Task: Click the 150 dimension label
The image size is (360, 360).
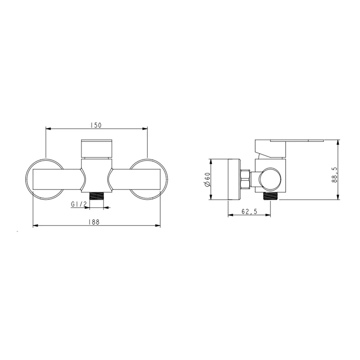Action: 96,125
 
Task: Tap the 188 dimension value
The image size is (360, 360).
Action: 94,222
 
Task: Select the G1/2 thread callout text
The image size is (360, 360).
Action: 78,204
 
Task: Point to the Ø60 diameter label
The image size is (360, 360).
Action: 207,179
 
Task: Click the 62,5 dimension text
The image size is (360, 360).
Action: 249,211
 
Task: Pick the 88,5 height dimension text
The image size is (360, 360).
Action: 334,175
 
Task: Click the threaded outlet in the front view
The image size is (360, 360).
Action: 96,196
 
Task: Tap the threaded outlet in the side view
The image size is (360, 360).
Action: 270,196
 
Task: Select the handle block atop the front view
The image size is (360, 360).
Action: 97,148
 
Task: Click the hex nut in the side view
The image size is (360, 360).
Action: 245,179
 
